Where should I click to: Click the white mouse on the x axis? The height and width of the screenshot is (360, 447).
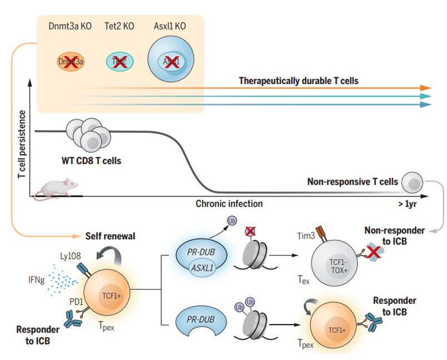(55, 188)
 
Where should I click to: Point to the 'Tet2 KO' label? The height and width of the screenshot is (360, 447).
(119, 26)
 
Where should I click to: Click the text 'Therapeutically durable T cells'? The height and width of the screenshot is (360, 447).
(299, 81)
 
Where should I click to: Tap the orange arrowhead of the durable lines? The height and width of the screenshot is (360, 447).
(426, 88)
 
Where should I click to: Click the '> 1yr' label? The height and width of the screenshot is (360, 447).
(408, 204)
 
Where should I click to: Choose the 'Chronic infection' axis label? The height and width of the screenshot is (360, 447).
(229, 204)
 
